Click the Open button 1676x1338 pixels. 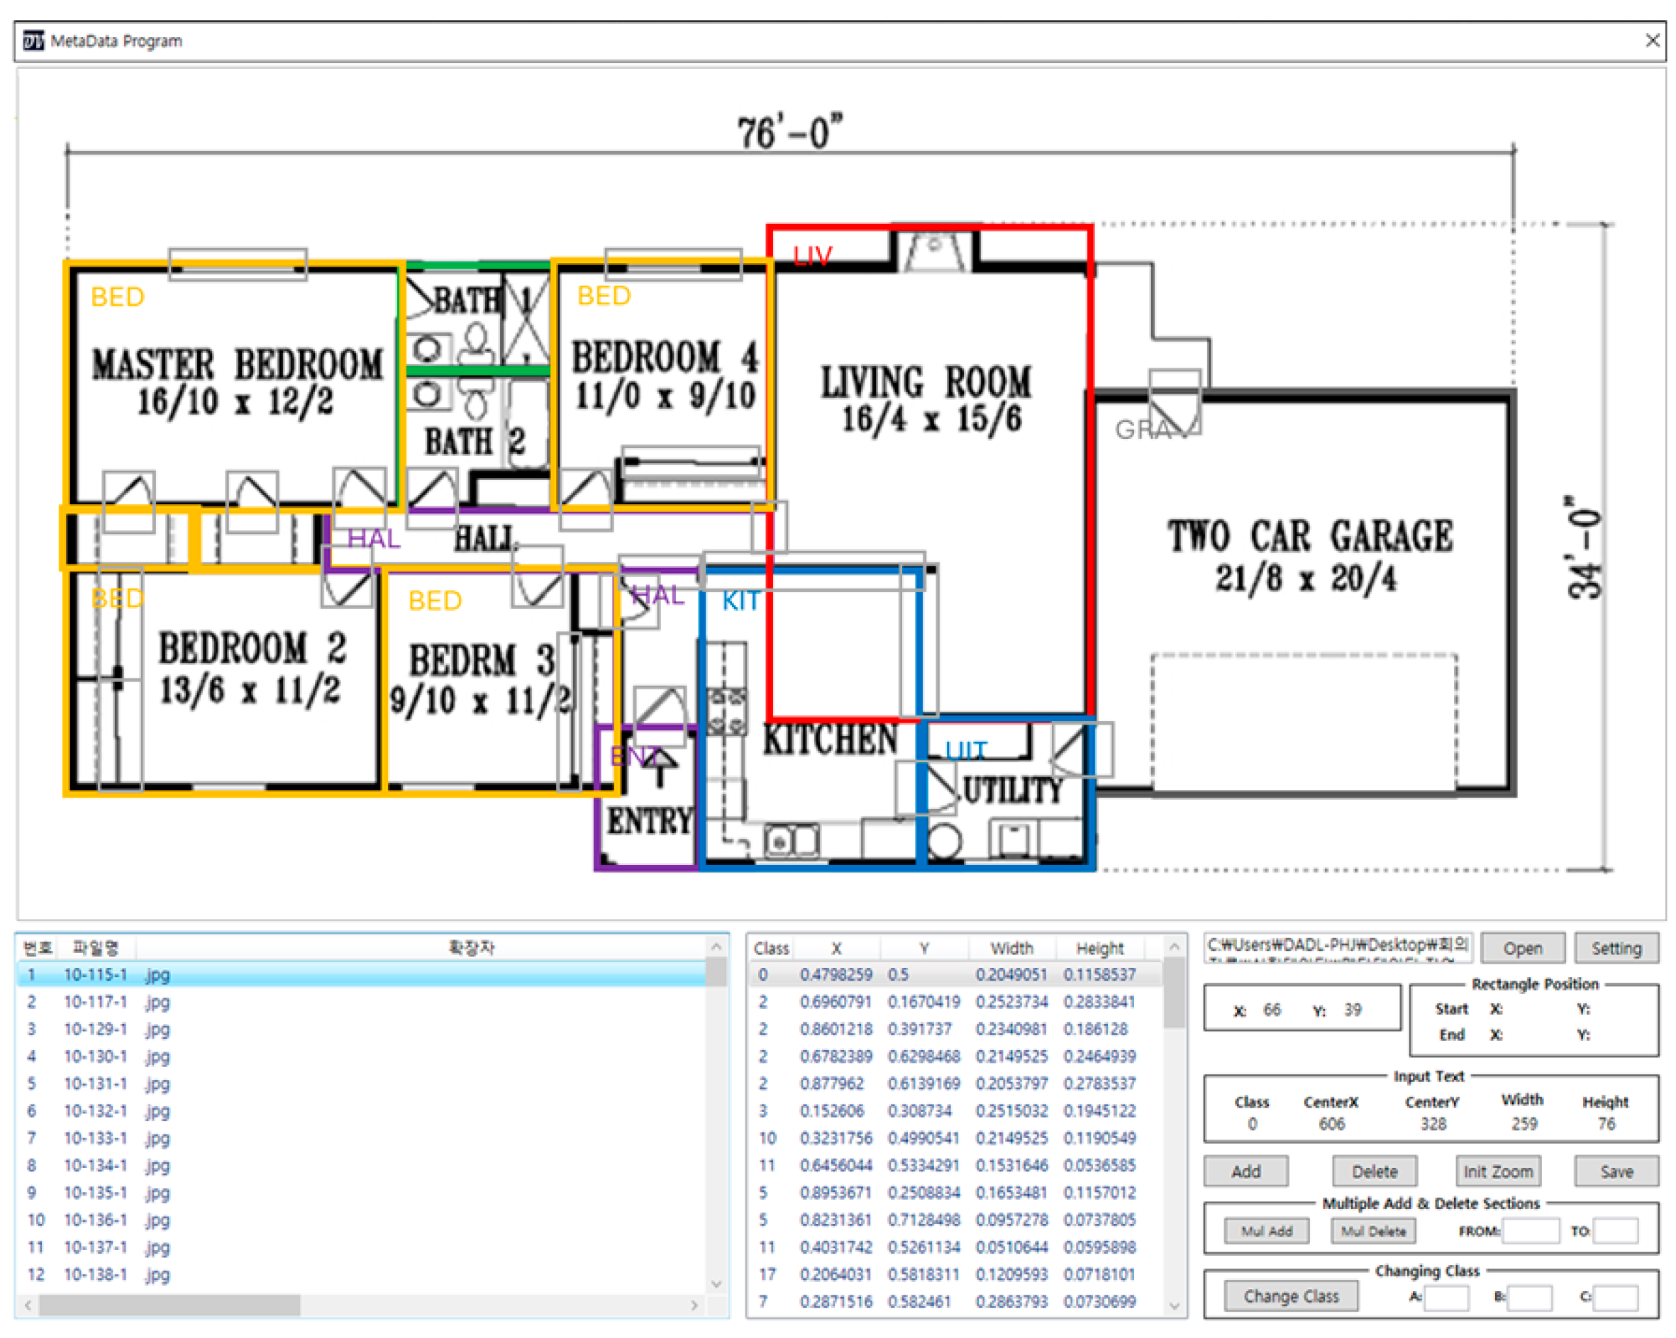tap(1521, 948)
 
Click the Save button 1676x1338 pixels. tap(1616, 1171)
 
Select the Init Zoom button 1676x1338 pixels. tap(1497, 1171)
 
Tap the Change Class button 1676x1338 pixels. tap(1290, 1296)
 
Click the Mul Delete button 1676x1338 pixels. tap(1373, 1231)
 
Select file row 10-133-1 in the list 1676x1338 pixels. tap(95, 1137)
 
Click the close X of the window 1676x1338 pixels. tap(1653, 40)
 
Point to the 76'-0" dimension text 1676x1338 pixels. tap(788, 132)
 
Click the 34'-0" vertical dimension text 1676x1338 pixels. tap(1585, 548)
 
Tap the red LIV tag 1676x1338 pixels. tap(812, 256)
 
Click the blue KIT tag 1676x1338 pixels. tap(740, 601)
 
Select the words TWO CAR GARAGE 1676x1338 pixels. tap(1310, 536)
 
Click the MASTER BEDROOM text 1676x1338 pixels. tap(237, 364)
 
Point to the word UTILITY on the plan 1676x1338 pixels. tap(1013, 791)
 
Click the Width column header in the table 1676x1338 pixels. tap(1011, 948)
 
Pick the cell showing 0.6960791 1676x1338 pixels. tap(836, 1002)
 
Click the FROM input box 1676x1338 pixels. tap(1530, 1231)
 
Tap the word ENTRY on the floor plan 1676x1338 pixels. tap(649, 820)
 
